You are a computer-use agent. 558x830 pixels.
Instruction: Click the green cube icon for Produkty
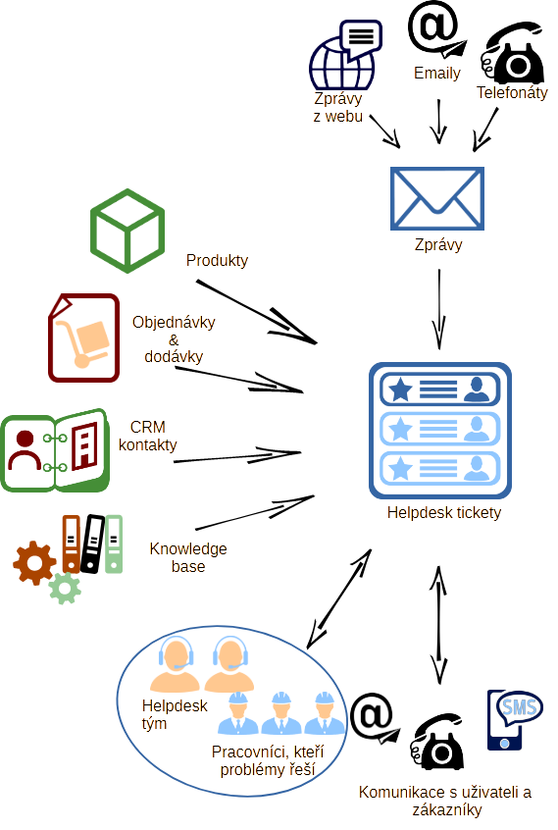click(x=127, y=231)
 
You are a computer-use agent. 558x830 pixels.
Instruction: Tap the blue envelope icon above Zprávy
click(x=436, y=198)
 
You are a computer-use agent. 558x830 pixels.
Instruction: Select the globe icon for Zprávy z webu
click(x=342, y=64)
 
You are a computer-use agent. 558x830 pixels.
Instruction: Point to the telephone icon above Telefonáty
click(x=512, y=53)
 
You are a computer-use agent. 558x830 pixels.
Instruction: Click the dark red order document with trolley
click(x=83, y=337)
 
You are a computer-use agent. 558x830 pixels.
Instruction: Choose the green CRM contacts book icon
click(x=55, y=450)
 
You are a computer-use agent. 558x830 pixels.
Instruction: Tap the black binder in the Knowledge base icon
click(x=92, y=544)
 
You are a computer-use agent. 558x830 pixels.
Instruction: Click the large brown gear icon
click(x=34, y=563)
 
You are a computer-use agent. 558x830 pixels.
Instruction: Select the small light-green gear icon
click(x=65, y=588)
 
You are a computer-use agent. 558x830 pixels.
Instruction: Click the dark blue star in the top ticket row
click(x=400, y=389)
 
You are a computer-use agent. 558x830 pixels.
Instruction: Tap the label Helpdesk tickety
click(x=444, y=512)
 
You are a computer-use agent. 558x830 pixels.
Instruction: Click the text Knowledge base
click(x=188, y=557)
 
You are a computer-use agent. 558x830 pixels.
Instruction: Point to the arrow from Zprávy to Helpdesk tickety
click(x=439, y=309)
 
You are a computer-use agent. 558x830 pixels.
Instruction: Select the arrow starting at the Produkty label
click(x=257, y=312)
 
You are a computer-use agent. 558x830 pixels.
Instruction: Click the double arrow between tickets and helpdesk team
click(x=339, y=598)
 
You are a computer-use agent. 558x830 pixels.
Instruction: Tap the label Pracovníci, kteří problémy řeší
click(x=268, y=760)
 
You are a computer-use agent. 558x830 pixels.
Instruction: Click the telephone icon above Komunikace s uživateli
click(x=436, y=742)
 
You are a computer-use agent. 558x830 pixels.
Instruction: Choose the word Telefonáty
click(x=512, y=92)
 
